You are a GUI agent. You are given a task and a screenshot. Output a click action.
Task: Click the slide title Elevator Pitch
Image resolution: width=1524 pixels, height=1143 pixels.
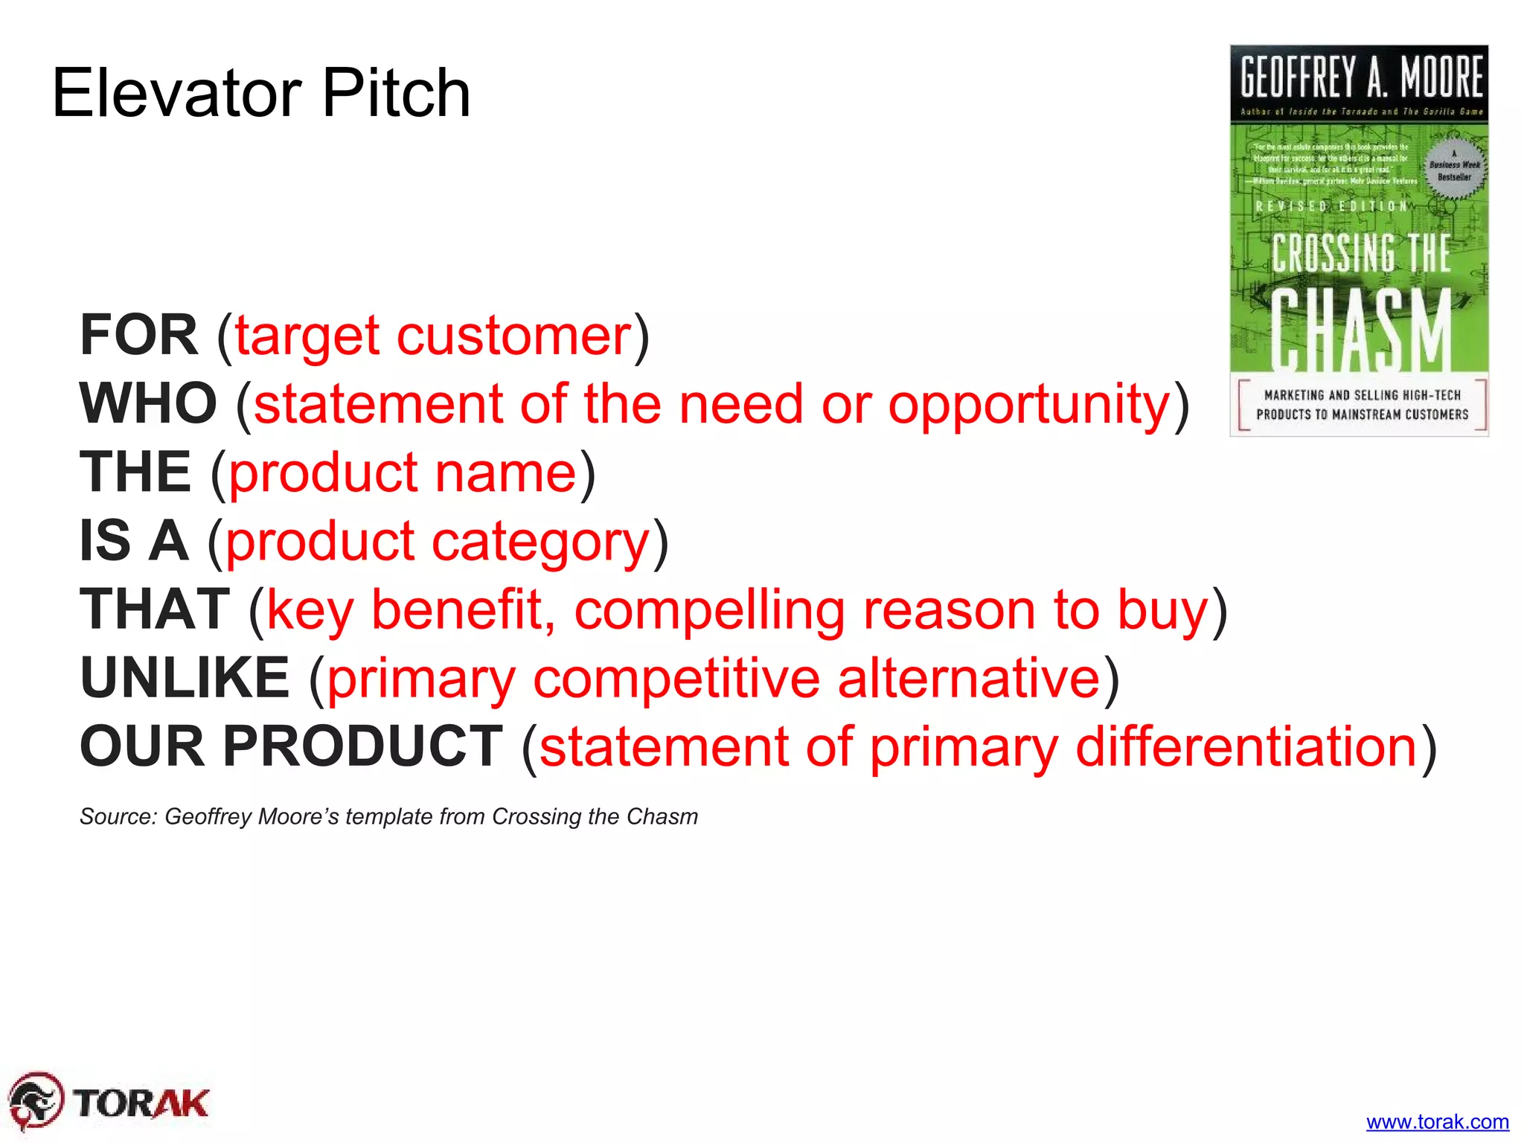pos(261,93)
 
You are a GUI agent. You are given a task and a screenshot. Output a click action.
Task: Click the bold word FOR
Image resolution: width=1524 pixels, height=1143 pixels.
pos(139,335)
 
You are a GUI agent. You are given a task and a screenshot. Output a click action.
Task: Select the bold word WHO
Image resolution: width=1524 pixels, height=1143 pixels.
pos(149,403)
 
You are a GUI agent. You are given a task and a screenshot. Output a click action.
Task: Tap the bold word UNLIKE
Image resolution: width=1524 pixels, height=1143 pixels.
pos(185,678)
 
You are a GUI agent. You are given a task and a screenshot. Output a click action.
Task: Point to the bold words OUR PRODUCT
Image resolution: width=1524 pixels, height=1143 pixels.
pos(291,746)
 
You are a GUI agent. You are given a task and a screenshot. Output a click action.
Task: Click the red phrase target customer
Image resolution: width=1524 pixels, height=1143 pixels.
pos(433,336)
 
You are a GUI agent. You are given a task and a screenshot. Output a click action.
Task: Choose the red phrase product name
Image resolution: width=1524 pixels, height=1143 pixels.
pos(403,473)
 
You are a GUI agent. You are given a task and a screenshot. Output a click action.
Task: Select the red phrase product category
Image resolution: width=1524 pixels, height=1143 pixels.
pos(438,542)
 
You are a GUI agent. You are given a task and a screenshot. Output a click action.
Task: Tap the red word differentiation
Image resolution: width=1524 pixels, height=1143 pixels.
pos(1246,746)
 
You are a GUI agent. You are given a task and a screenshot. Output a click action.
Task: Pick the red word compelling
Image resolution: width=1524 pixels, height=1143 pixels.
pos(709,611)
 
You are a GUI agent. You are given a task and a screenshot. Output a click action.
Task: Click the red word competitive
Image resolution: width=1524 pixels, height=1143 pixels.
pos(676,679)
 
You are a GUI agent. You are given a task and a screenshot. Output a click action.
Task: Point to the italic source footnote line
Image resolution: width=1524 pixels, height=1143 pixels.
pos(388,816)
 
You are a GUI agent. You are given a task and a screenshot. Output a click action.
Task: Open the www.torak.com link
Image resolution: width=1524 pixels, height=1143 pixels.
pos(1437,1121)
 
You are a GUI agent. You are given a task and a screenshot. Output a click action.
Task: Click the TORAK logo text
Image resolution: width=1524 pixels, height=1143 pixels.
pos(141,1102)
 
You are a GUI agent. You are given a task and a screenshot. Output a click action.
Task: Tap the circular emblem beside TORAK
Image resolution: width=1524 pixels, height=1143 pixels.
pos(35,1101)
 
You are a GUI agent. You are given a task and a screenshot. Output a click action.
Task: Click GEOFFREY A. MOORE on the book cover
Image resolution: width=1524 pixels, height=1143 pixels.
pos(1360,78)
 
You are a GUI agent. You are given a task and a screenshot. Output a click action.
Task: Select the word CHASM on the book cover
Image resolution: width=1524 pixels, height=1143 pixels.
pos(1360,330)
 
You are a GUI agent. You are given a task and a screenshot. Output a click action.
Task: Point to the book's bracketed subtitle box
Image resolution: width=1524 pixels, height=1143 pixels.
pos(1362,405)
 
